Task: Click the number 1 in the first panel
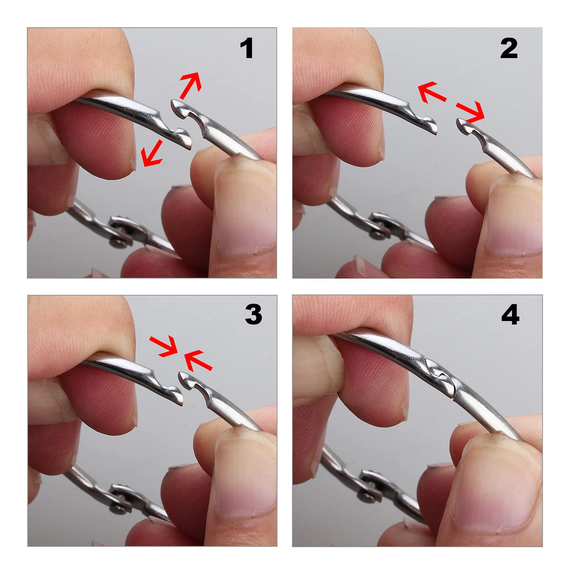coord(247,48)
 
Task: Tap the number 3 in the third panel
coord(254,314)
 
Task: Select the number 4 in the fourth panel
coord(510,314)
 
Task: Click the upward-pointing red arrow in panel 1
coord(191,85)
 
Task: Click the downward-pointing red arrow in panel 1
coord(151,153)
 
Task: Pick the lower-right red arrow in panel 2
coord(470,113)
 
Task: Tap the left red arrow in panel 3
coord(163,346)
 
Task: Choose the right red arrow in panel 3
coord(198,360)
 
